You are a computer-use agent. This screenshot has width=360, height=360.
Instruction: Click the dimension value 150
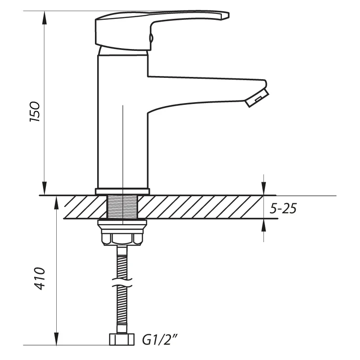[x=36, y=111]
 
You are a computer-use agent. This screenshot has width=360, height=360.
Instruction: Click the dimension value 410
[x=39, y=279]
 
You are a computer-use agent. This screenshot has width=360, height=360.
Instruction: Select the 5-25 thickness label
[x=283, y=209]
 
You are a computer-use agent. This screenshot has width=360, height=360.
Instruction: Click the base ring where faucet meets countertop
[x=122, y=191]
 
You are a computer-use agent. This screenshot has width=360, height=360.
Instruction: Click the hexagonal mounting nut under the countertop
[x=122, y=236]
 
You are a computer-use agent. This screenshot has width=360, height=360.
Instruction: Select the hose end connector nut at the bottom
[x=122, y=340]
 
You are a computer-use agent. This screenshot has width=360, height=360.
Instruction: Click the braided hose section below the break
[x=122, y=310]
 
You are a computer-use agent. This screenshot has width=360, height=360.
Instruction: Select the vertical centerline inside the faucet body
[x=122, y=144]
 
